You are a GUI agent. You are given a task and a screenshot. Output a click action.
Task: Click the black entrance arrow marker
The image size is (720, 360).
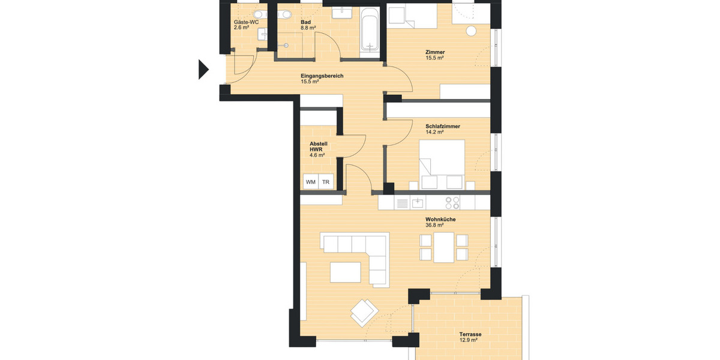[203, 70]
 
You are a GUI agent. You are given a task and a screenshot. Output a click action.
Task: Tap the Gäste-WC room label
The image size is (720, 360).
[246, 22]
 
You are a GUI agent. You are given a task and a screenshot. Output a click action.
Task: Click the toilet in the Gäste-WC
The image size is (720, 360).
[259, 13]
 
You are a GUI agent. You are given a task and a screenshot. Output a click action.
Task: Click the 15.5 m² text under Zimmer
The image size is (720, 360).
[434, 58]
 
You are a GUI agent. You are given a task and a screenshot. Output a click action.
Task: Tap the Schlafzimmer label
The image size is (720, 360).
[443, 126]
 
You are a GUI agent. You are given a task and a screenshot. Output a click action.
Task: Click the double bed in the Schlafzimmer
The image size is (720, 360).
[442, 158]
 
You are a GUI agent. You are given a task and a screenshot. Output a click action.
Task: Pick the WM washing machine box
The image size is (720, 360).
[310, 182]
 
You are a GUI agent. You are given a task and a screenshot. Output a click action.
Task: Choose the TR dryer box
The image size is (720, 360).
[326, 182]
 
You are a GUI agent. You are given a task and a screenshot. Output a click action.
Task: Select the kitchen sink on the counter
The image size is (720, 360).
[417, 203]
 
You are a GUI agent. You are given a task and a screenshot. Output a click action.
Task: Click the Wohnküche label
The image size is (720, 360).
[440, 220]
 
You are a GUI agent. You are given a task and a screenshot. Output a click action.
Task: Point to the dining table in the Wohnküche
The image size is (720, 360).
[444, 247]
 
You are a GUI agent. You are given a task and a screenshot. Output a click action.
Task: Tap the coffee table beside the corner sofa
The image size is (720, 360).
[346, 272]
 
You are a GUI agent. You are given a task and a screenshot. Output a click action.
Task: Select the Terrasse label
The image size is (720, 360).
[470, 334]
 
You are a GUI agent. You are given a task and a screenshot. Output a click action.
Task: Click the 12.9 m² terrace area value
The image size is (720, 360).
[468, 341]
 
